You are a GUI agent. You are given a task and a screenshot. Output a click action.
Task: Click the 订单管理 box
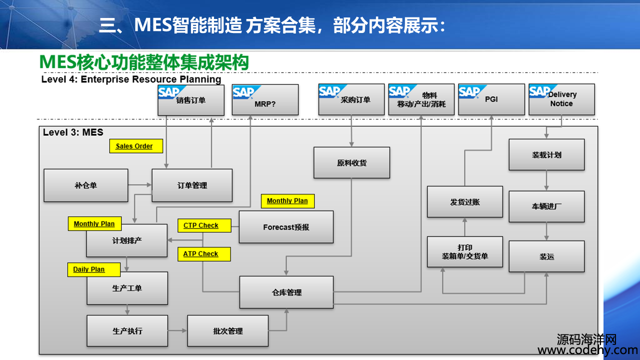click(192, 185)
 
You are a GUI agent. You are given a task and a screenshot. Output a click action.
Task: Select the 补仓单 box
click(86, 185)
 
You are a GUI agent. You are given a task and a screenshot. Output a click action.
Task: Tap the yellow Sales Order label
click(136, 146)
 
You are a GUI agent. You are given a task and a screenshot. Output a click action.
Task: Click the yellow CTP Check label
click(204, 225)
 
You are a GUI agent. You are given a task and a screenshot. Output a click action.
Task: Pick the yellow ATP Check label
click(204, 254)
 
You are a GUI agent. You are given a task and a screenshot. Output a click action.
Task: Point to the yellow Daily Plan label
click(94, 269)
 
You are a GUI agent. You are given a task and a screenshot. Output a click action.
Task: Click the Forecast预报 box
click(286, 227)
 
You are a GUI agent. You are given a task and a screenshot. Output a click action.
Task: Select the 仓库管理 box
click(286, 292)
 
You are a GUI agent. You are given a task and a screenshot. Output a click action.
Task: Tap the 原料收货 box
click(351, 163)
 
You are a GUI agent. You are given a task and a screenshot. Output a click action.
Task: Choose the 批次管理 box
click(228, 331)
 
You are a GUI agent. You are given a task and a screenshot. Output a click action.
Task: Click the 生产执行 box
click(127, 331)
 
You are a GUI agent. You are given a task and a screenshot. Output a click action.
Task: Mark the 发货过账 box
click(465, 202)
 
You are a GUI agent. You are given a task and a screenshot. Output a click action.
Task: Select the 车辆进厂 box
click(546, 206)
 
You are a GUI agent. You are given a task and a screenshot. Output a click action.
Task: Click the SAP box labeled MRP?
click(265, 99)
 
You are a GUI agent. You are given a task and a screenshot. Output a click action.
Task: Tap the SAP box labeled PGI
click(491, 99)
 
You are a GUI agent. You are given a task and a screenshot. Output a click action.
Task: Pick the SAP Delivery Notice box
click(561, 99)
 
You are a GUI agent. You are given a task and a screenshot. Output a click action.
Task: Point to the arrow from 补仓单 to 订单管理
click(139, 185)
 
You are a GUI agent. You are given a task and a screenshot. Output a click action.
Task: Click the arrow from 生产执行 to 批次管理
click(177, 330)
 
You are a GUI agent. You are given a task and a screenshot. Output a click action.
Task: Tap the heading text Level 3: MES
click(73, 132)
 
